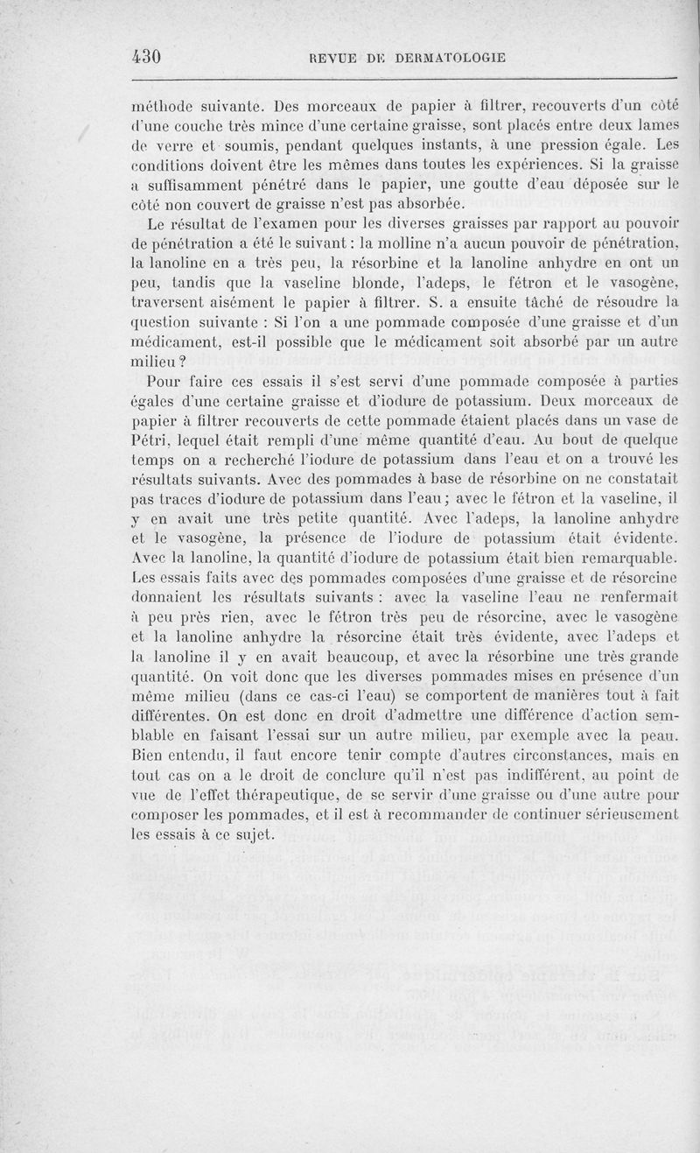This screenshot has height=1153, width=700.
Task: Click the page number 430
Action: point(146,57)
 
